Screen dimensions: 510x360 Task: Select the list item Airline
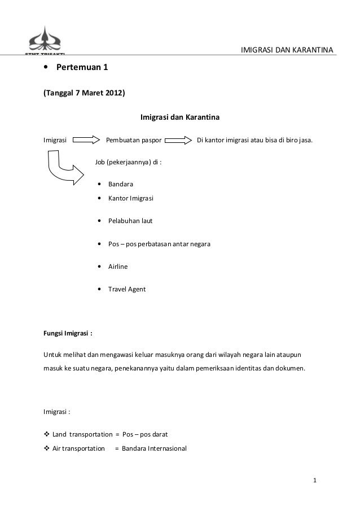118,267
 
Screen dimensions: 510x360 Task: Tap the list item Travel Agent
127,289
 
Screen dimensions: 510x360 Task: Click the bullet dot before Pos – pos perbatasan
100,244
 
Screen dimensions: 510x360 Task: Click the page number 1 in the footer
316,481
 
